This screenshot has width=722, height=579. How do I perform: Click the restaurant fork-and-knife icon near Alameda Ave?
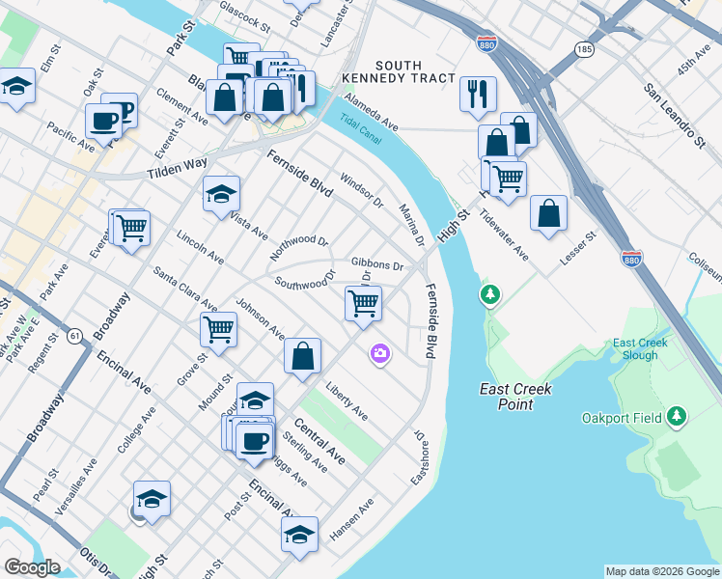point(478,95)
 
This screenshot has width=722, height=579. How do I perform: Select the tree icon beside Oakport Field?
point(678,416)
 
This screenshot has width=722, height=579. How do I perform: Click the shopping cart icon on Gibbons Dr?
point(363,303)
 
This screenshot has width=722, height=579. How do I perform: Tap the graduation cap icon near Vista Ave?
point(221,193)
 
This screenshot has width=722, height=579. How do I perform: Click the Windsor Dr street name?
point(362,191)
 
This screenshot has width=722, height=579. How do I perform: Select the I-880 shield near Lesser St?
point(630,261)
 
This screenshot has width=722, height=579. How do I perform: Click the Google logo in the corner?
point(32,567)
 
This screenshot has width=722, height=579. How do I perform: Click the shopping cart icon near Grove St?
point(219,329)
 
